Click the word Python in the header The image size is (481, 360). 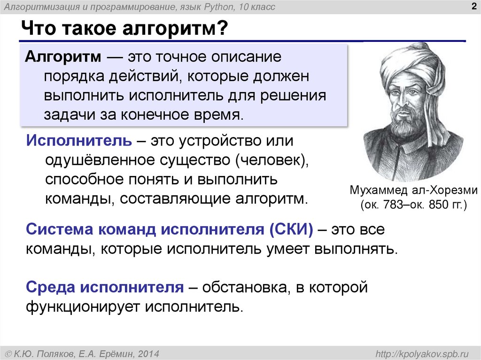[218, 7]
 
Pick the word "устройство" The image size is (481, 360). [214, 140]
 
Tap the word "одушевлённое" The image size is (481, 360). [99, 160]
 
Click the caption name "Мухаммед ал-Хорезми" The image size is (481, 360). [413, 191]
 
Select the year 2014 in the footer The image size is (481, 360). [149, 352]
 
